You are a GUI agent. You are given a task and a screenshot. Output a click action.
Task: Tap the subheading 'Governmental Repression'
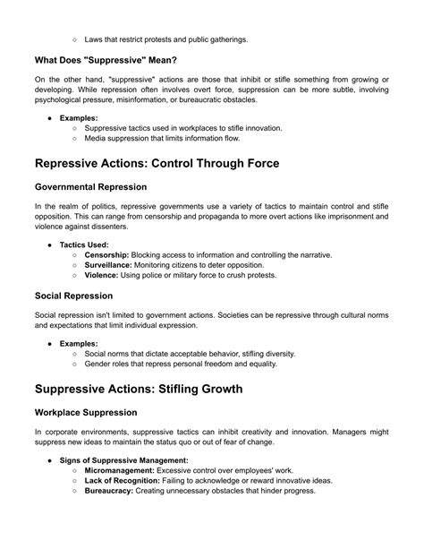pyautogui.click(x=90, y=187)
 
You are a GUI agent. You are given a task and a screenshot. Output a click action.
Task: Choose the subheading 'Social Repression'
pyautogui.click(x=74, y=295)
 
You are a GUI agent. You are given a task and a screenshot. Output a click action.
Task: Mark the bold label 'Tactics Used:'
pyautogui.click(x=86, y=244)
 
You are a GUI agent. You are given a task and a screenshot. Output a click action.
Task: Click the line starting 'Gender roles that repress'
pyautogui.click(x=181, y=365)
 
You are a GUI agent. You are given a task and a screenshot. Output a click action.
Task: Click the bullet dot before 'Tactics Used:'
pyautogui.click(x=50, y=244)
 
